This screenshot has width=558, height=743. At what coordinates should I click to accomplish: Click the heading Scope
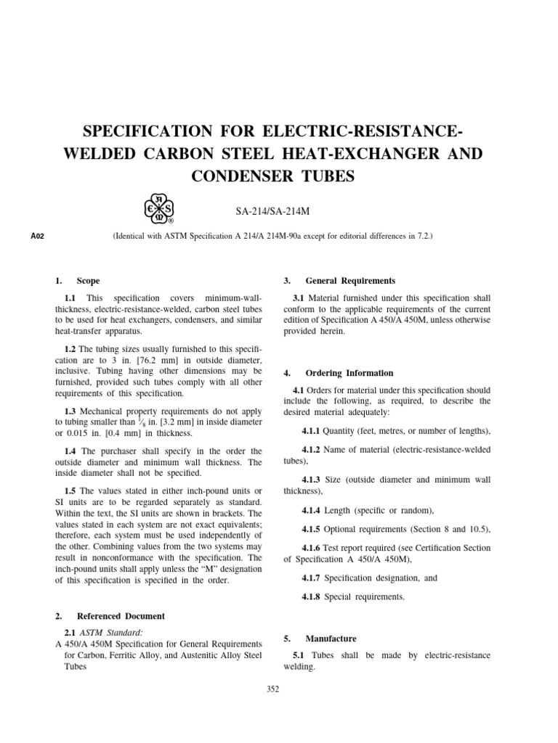coord(88,280)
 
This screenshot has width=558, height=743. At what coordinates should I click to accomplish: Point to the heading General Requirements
coord(350,280)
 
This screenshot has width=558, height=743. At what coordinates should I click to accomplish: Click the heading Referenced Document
coord(120,616)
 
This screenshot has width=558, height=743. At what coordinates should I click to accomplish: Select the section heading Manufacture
coord(331,639)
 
